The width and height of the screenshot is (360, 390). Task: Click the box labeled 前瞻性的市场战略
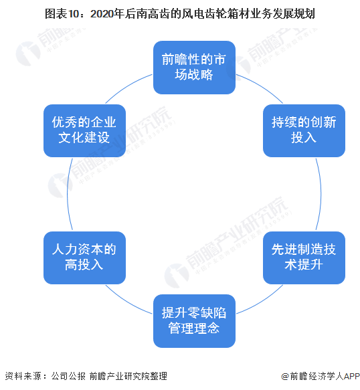[194, 68]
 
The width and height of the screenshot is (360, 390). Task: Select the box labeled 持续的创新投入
[304, 130]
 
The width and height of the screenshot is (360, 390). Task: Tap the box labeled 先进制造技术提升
[304, 258]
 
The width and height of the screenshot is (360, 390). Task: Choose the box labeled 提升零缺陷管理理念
[194, 321]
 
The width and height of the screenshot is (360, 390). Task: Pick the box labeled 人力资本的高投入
[84, 258]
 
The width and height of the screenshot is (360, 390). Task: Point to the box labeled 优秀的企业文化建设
[84, 130]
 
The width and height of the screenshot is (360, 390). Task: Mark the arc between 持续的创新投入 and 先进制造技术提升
[321, 194]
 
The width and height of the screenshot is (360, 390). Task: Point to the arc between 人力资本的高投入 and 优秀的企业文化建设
[68, 194]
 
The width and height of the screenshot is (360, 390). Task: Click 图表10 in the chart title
[62, 13]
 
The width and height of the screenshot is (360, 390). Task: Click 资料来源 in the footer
[23, 376]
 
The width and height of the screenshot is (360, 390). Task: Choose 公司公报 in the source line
[68, 376]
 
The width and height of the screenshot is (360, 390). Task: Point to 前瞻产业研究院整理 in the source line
[128, 376]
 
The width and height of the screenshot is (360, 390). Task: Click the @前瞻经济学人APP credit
[321, 376]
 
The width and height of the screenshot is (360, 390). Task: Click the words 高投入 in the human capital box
[84, 265]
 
